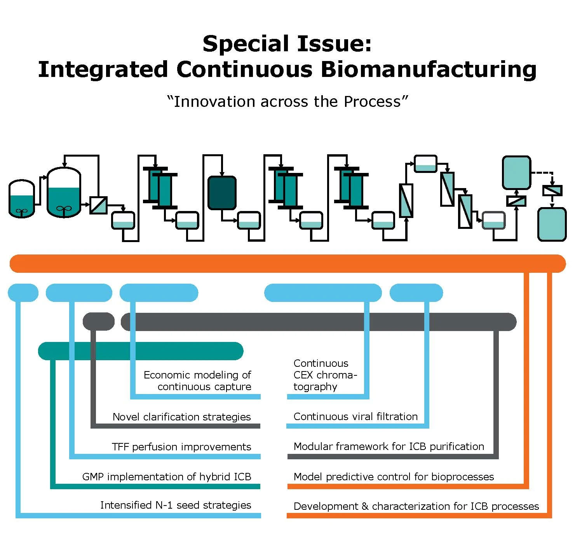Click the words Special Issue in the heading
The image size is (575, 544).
(287, 43)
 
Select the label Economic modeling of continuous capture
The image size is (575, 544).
(197, 381)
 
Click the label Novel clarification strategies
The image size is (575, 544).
(181, 417)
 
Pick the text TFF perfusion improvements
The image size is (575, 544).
(181, 447)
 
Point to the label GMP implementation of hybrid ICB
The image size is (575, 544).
(167, 477)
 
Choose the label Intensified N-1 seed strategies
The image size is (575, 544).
(176, 505)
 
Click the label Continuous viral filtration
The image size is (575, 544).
(355, 417)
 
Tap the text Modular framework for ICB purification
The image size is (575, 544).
(389, 446)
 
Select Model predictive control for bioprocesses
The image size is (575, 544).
(394, 477)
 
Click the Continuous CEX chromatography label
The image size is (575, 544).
(325, 375)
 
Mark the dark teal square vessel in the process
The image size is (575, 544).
(222, 193)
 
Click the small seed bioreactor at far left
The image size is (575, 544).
(22, 199)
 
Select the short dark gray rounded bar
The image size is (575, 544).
(99, 322)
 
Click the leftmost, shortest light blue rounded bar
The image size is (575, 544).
(23, 293)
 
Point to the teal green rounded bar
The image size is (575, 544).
(141, 351)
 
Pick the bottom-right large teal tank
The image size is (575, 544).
(552, 224)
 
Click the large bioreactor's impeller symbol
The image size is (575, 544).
(64, 209)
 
